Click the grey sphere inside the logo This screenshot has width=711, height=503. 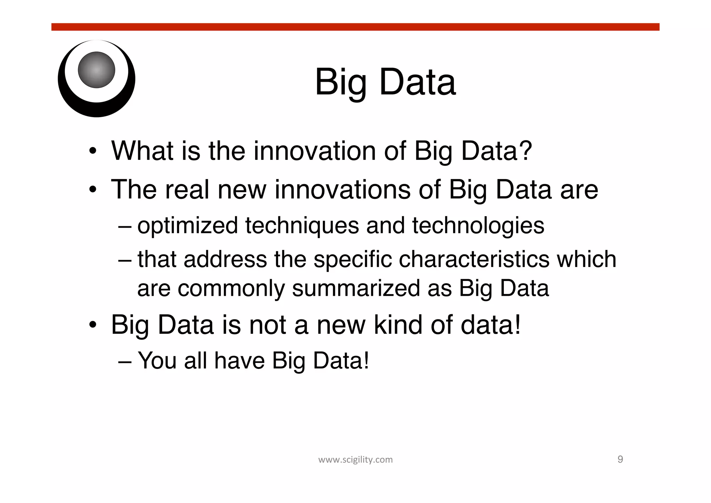(x=97, y=70)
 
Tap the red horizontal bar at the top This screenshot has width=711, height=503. (x=355, y=27)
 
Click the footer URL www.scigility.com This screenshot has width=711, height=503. (x=355, y=460)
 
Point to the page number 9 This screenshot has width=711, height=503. (x=620, y=459)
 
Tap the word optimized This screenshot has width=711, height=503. (x=187, y=226)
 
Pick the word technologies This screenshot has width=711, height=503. (x=478, y=226)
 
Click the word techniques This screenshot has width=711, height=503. (x=302, y=226)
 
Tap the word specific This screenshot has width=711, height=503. (x=352, y=260)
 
